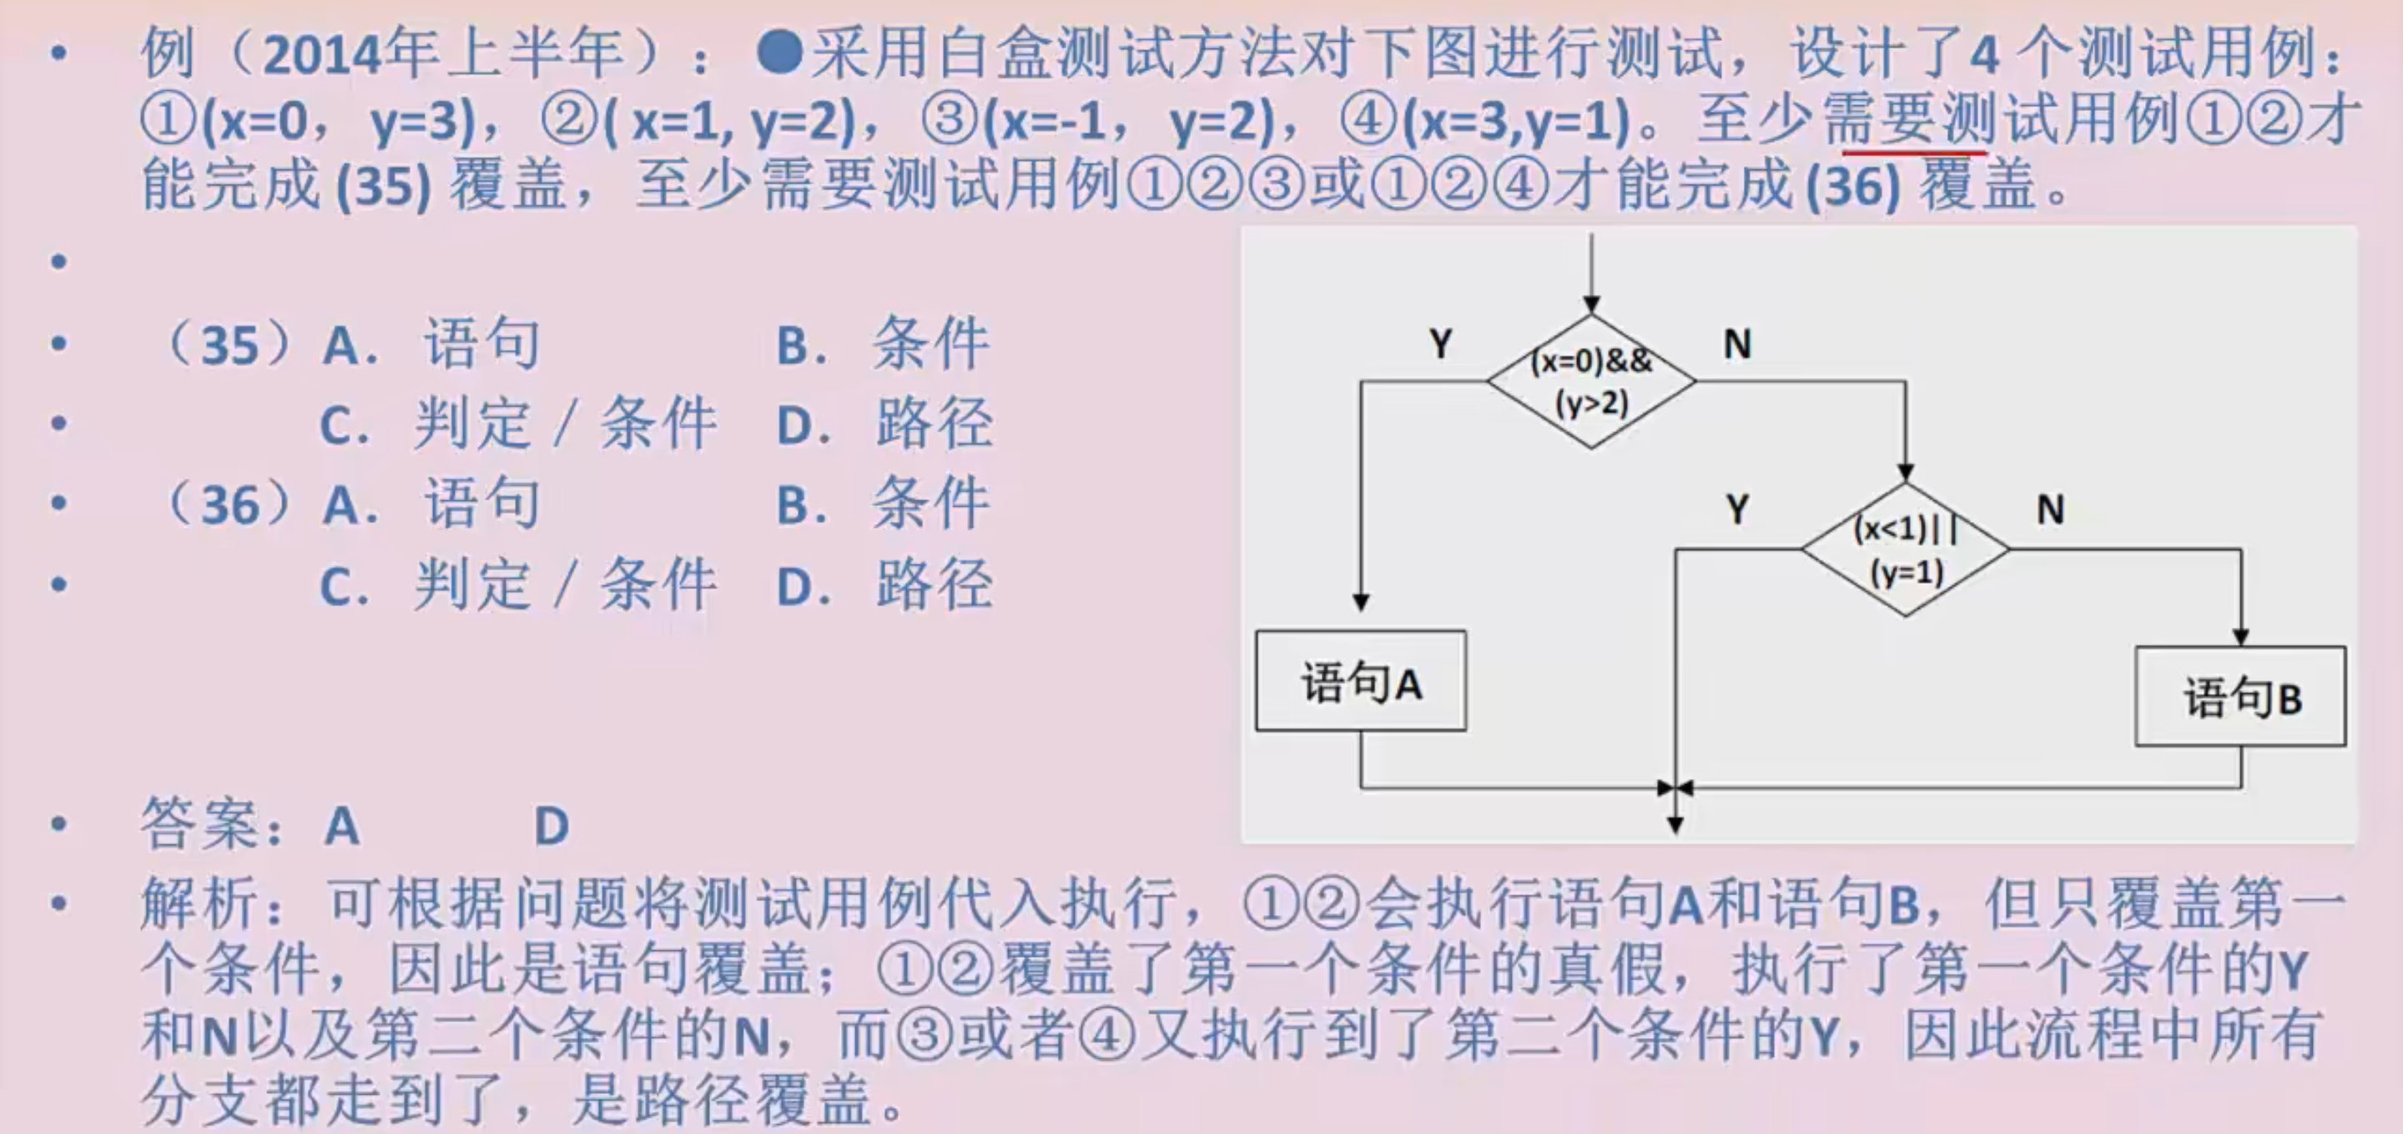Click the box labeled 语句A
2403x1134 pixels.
point(1360,681)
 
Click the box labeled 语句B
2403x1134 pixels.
point(2240,697)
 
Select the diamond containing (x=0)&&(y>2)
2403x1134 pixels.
point(1591,382)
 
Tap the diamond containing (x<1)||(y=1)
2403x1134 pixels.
point(1905,549)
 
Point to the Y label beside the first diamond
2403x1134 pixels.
point(1441,344)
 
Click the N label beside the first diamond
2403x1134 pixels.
point(1737,344)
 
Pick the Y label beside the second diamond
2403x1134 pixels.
point(1737,509)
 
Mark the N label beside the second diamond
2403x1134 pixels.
point(2050,509)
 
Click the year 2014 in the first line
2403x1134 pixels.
point(324,54)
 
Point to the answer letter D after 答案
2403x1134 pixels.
point(552,826)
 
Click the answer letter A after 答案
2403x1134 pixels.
point(342,826)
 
